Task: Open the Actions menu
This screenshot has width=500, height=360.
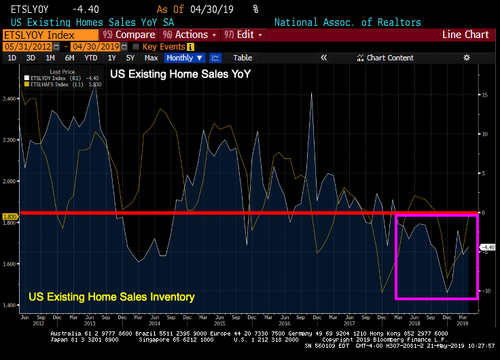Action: click(189, 35)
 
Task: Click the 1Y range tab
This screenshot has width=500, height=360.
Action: click(111, 58)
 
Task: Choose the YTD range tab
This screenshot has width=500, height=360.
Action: click(91, 58)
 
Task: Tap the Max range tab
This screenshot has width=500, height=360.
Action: click(151, 58)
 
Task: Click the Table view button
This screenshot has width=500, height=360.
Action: click(243, 58)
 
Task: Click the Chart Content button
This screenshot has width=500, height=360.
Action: click(389, 58)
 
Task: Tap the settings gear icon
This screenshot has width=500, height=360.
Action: click(467, 58)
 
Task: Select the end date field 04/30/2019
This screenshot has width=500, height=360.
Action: click(95, 46)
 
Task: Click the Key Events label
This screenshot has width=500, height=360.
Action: click(164, 46)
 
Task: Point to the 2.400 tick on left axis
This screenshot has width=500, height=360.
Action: click(10, 99)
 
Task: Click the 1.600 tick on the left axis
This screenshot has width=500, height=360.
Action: click(10, 264)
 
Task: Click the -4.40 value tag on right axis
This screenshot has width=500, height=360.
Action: click(489, 247)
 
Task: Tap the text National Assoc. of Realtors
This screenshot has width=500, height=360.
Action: click(347, 22)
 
